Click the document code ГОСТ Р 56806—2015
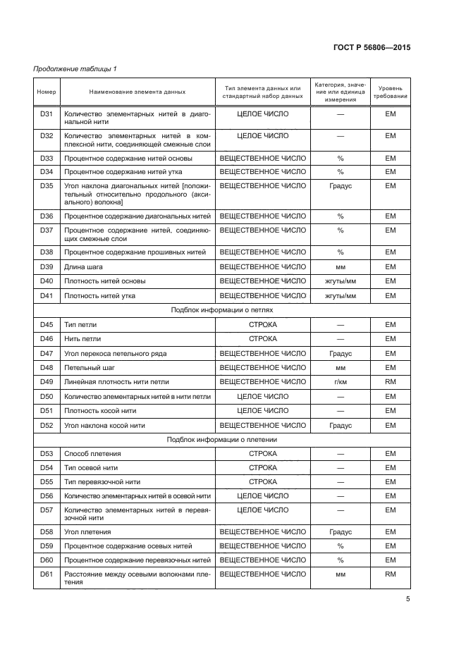pos(372,47)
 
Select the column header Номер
pos(46,92)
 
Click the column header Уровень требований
pos(390,92)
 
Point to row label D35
pos(47,186)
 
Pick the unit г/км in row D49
pos(340,382)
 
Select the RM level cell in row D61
pos(390,575)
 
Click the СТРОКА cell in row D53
pos(262,454)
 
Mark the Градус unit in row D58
pos(340,532)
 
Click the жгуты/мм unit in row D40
pos(340,281)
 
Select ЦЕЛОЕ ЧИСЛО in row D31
pos(262,113)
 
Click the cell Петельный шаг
pos(90,368)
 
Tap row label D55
pos(47,482)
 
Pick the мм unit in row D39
pos(340,266)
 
